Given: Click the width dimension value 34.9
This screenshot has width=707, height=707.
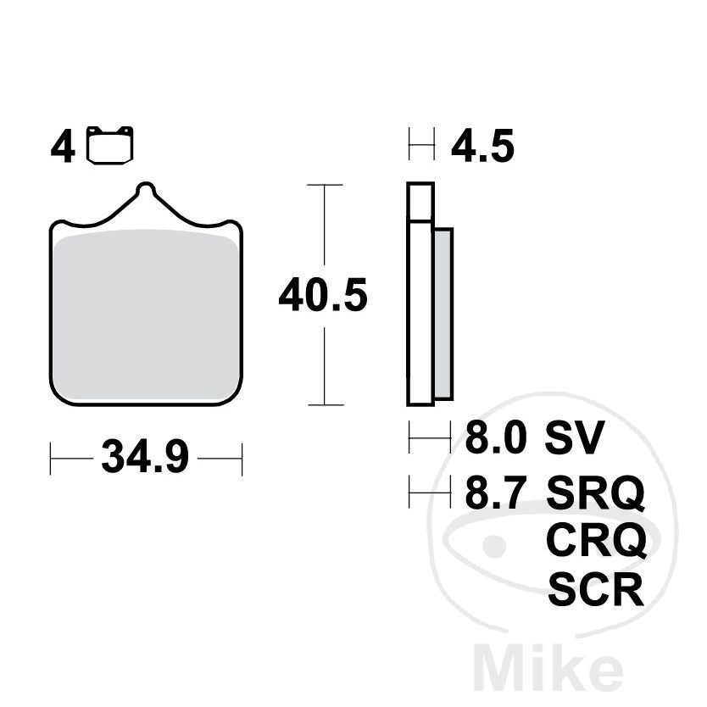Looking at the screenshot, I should pyautogui.click(x=145, y=459).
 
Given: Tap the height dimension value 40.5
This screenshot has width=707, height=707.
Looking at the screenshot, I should pyautogui.click(x=323, y=296).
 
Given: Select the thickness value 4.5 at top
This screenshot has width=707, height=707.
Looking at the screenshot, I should pyautogui.click(x=482, y=148).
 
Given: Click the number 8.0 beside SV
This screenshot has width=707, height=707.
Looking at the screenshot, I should pyautogui.click(x=496, y=438).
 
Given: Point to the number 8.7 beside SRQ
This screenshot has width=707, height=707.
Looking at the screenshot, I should pyautogui.click(x=496, y=492).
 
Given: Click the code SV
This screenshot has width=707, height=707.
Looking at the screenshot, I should pyautogui.click(x=574, y=438).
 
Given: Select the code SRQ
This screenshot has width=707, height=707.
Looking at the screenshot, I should pyautogui.click(x=596, y=492).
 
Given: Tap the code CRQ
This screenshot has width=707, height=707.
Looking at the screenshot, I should pyautogui.click(x=596, y=540).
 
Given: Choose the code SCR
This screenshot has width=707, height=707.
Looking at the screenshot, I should pyautogui.click(x=596, y=589).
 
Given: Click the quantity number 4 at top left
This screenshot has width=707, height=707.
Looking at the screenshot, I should pyautogui.click(x=62, y=148).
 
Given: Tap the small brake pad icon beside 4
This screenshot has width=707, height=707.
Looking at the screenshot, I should pyautogui.click(x=111, y=145).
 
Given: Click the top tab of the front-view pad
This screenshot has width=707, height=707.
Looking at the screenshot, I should pyautogui.click(x=147, y=191).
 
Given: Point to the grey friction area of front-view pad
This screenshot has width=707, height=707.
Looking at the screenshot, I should pyautogui.click(x=146, y=314).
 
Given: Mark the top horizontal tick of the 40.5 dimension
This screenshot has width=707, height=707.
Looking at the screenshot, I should pyautogui.click(x=323, y=184).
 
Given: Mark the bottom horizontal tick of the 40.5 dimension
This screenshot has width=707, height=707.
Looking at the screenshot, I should pyautogui.click(x=323, y=405).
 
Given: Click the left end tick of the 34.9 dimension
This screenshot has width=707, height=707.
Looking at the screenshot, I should pyautogui.click(x=51, y=459).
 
